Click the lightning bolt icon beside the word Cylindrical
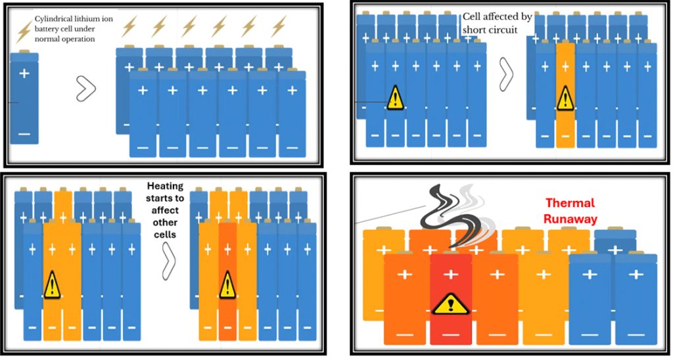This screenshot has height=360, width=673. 24,29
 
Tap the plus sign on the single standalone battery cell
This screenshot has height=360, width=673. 24,74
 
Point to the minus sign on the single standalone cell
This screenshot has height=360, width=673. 24,134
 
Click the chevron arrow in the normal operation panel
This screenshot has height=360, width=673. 85,89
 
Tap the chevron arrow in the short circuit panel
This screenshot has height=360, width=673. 507,74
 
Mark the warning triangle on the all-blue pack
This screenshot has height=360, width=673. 395,98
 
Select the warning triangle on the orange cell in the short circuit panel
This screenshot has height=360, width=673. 565,99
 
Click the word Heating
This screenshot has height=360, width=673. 164,187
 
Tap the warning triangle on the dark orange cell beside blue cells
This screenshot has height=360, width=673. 228,285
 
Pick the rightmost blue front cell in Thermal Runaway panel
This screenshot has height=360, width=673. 636,299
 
